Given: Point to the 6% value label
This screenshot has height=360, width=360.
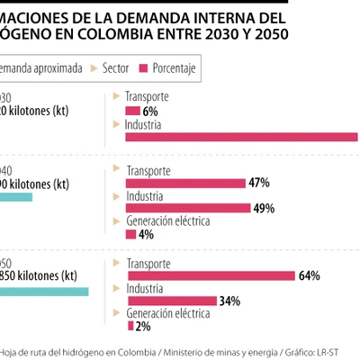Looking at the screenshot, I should pos(150,111).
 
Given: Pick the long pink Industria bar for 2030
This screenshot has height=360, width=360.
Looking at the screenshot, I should pos(243,138).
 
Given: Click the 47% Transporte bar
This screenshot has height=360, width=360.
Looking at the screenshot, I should pos(185,183).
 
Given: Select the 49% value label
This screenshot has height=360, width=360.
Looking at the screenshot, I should pos(263,209).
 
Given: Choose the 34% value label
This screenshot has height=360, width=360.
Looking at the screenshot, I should pos(229,301).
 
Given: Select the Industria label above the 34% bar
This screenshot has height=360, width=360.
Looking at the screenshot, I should pos(144,289).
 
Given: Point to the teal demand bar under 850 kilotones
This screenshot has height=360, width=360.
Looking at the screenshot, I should pos(44,292).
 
